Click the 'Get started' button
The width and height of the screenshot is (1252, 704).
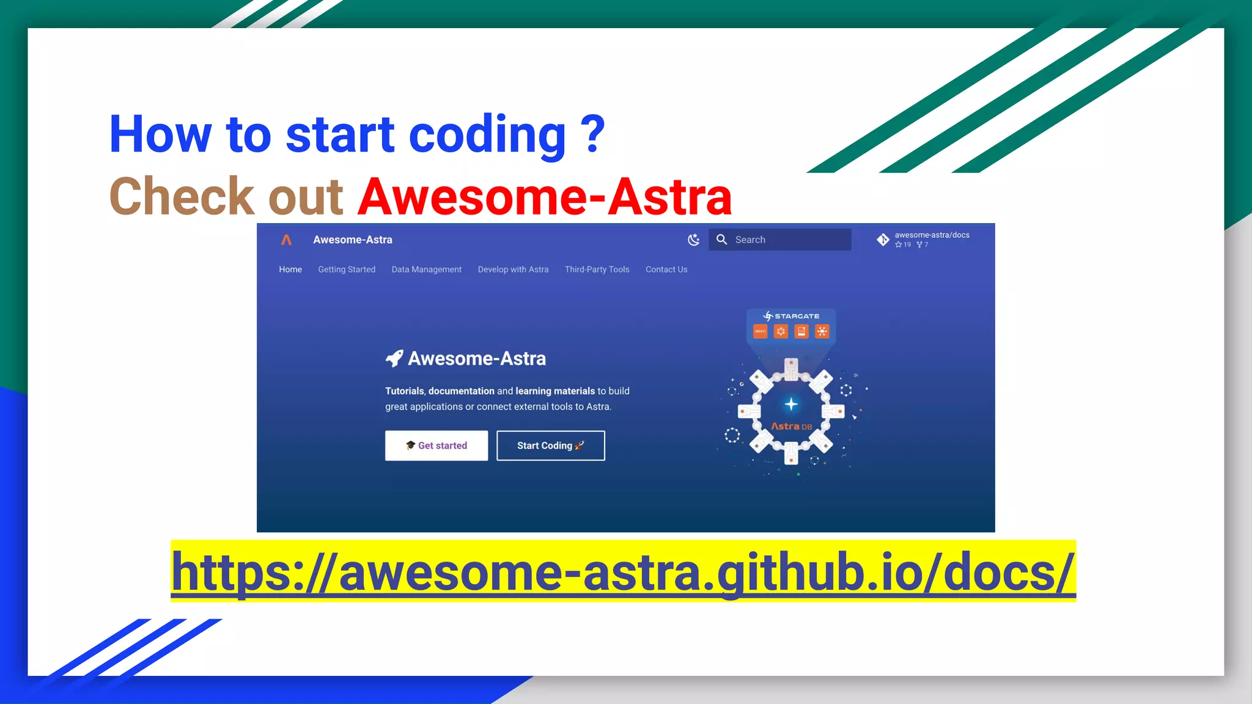tap(436, 446)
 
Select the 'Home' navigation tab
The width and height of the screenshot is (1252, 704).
tap(290, 269)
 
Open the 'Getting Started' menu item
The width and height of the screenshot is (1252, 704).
tap(347, 269)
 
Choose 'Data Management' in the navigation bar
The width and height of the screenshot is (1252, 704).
tap(427, 269)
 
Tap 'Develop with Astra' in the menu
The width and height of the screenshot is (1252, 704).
tap(513, 269)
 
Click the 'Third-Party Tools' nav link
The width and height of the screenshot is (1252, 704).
tap(597, 269)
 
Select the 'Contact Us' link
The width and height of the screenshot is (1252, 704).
tap(666, 269)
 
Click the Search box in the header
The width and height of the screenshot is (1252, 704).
tap(779, 240)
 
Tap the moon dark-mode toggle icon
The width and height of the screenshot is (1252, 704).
tap(693, 240)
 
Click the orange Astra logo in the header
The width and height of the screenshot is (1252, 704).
tap(286, 240)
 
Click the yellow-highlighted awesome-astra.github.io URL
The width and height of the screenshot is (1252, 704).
tap(622, 571)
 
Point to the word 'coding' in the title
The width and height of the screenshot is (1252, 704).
tap(487, 134)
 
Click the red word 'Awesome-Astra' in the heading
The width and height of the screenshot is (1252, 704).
tap(545, 197)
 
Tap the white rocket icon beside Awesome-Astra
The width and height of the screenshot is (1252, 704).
tap(394, 359)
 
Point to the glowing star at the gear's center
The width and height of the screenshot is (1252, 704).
tap(791, 404)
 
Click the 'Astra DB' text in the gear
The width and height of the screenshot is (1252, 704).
tap(791, 427)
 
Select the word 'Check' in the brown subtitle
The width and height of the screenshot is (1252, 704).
tap(182, 197)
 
